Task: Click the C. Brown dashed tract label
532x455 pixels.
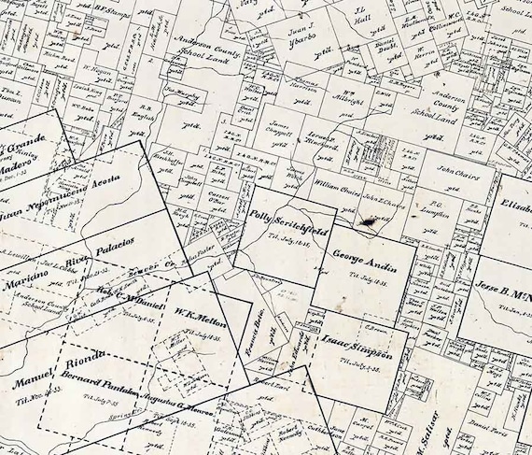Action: [376, 326]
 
